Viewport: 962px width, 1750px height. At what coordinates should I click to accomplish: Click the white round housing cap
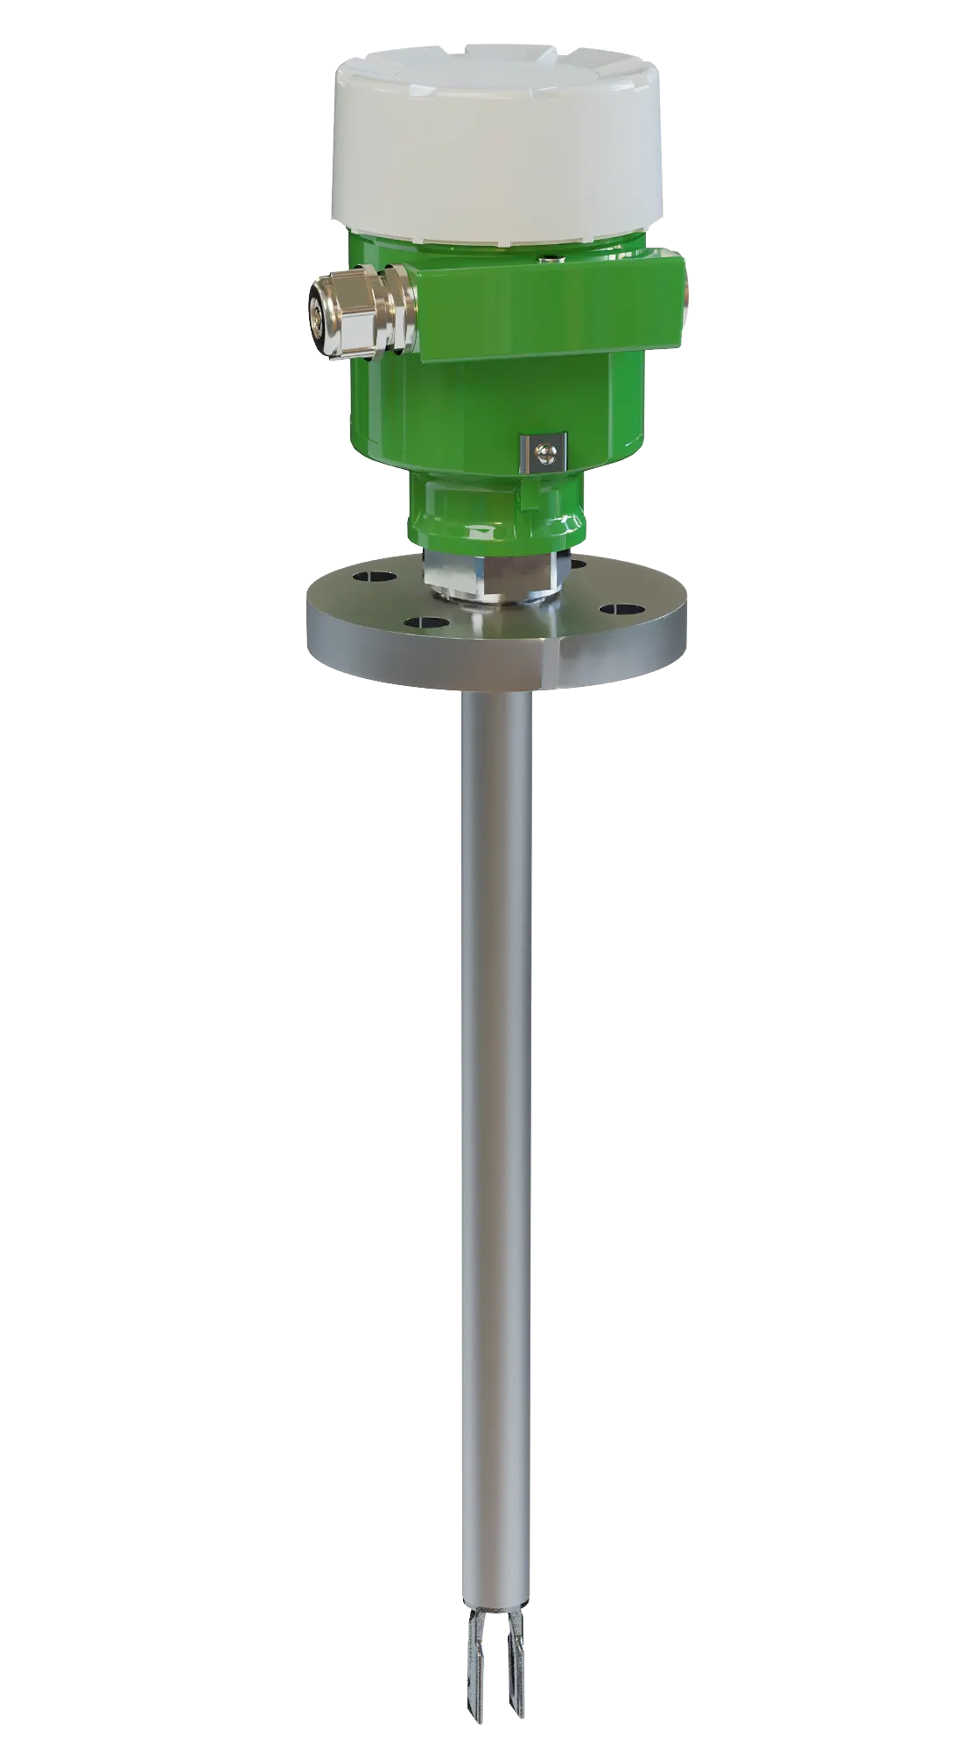click(x=496, y=149)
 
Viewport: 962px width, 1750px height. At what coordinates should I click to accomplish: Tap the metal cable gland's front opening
click(x=320, y=319)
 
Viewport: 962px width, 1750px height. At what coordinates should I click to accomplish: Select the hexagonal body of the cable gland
click(x=361, y=316)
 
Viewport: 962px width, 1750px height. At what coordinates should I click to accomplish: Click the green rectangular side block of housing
click(x=547, y=311)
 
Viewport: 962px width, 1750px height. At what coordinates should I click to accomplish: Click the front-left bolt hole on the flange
click(x=424, y=623)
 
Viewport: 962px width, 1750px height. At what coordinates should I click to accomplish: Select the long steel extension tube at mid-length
click(x=494, y=1094)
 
